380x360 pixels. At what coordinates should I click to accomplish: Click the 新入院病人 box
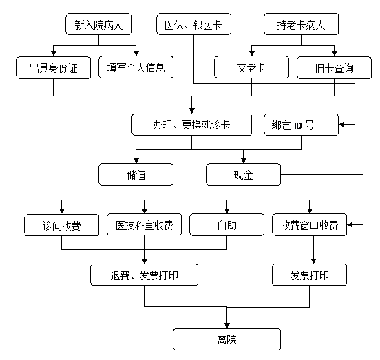(x=98, y=24)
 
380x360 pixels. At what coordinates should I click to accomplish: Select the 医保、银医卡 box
(x=193, y=24)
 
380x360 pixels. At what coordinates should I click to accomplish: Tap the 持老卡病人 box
(x=301, y=24)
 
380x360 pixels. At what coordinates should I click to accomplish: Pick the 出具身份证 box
(x=53, y=68)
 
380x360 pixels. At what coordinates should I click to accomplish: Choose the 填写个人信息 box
(x=136, y=67)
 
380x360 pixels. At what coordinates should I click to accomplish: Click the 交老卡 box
(x=251, y=67)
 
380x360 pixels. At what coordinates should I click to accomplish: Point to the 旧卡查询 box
(x=334, y=68)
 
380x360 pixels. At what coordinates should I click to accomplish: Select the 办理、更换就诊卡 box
(x=191, y=125)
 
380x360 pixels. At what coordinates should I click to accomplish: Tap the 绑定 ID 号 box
(x=301, y=125)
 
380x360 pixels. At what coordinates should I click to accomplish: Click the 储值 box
(x=136, y=175)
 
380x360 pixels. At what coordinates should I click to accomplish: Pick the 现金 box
(x=243, y=175)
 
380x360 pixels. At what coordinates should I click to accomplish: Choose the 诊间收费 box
(x=61, y=225)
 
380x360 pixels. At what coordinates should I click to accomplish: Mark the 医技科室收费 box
(x=144, y=224)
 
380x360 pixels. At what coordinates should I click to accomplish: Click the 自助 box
(x=227, y=224)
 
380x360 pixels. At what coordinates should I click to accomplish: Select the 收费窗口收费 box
(x=310, y=224)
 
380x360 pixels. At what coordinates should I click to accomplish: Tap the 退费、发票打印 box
(x=144, y=275)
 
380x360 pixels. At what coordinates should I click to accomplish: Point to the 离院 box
(x=227, y=339)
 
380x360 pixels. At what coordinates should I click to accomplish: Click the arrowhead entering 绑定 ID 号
(x=341, y=125)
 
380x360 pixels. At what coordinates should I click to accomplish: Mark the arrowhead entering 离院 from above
(x=227, y=326)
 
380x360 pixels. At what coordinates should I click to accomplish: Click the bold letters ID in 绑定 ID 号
(x=298, y=125)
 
